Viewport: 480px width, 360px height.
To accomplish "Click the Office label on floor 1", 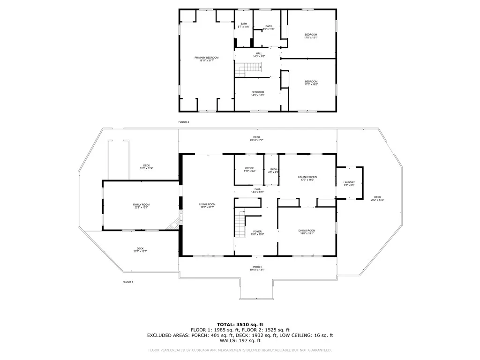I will click(x=249, y=170).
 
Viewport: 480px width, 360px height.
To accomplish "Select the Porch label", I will click(x=257, y=268).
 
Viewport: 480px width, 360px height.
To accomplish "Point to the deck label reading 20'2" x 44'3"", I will click(x=377, y=198).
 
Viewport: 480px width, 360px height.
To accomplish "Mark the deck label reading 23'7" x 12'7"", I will click(x=140, y=250).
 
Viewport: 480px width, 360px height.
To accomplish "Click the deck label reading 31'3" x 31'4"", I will click(x=147, y=167).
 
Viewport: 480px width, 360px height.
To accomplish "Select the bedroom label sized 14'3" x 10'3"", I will click(x=258, y=93).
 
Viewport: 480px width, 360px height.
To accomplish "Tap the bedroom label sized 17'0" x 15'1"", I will click(x=311, y=36).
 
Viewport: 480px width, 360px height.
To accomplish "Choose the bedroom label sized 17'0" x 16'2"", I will click(x=311, y=83).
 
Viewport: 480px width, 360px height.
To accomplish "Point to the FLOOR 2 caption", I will click(x=184, y=122).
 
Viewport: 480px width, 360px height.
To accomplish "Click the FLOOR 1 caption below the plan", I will click(x=128, y=282).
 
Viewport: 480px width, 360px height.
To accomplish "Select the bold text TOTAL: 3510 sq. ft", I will click(x=240, y=324).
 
